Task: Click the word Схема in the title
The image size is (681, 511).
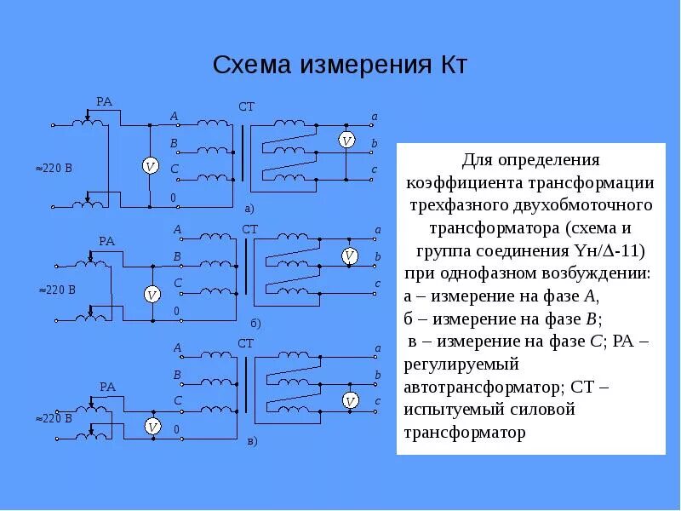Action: click(x=248, y=66)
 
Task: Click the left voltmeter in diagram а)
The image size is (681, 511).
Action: click(x=150, y=166)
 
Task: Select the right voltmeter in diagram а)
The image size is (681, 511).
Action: click(x=346, y=141)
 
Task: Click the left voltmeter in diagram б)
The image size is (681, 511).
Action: click(x=152, y=295)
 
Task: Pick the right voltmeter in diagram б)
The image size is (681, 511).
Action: click(x=348, y=255)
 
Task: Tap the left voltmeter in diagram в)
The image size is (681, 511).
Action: click(x=153, y=426)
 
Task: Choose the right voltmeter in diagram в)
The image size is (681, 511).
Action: click(x=349, y=399)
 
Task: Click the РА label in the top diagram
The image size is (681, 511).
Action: click(x=104, y=102)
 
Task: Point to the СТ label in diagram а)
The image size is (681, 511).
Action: click(x=246, y=106)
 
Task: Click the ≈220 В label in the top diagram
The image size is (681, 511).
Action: click(x=54, y=168)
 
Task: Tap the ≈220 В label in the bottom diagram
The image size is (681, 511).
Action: click(x=55, y=419)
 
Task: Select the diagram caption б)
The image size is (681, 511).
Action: click(x=255, y=324)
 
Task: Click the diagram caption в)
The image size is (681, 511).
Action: click(x=252, y=442)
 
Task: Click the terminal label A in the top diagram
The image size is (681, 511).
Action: click(x=174, y=117)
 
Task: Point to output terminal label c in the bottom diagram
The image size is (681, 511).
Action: click(x=377, y=401)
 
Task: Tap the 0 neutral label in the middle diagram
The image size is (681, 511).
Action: click(x=176, y=312)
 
